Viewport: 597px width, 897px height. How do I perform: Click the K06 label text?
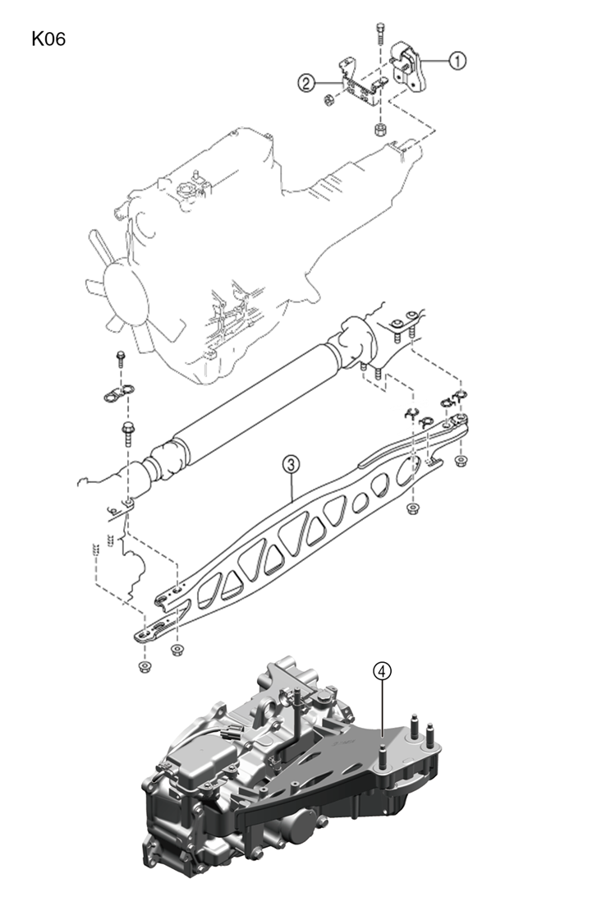tap(48, 39)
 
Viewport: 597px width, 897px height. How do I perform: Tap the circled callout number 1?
tap(457, 60)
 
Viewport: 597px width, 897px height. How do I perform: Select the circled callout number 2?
tap(306, 84)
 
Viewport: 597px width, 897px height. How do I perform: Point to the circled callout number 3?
tap(291, 464)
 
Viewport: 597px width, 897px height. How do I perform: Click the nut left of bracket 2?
tap(328, 100)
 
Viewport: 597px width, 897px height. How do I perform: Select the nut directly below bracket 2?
tap(379, 130)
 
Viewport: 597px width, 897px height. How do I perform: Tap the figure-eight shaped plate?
tap(119, 393)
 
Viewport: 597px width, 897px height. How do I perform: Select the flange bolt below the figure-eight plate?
tap(127, 435)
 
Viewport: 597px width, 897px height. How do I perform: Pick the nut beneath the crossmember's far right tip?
tap(459, 461)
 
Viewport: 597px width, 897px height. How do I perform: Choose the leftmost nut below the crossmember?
tap(144, 666)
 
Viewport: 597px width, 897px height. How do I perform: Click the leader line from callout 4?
tap(382, 709)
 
